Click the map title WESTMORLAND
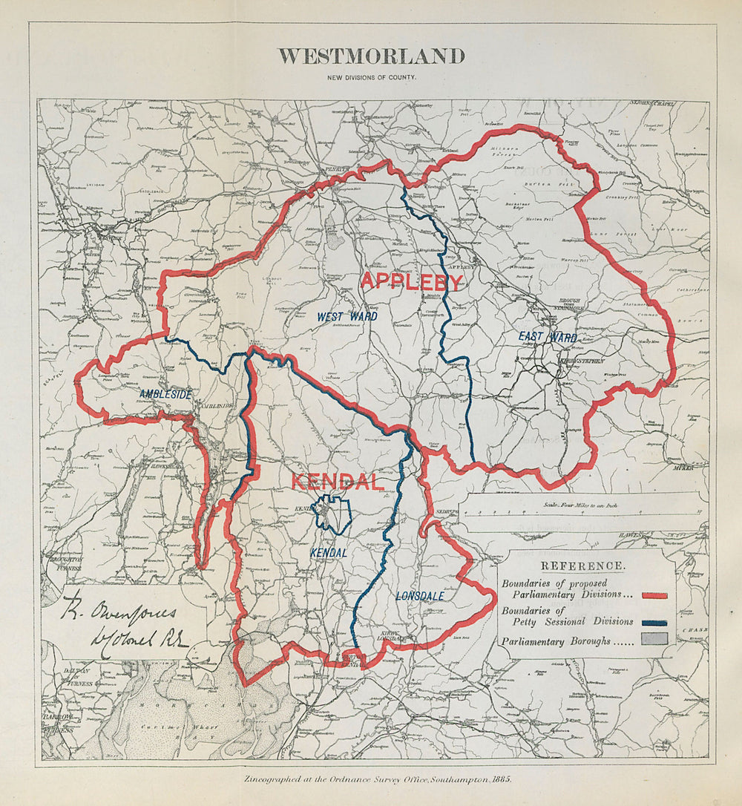pos(371,56)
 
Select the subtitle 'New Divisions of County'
pos(371,77)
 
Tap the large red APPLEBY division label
pos(411,281)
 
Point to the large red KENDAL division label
pos(337,482)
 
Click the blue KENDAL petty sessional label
pos(328,553)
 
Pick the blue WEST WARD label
pos(347,317)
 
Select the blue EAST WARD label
pos(548,338)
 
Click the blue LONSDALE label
pos(420,595)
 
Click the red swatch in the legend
pos(654,595)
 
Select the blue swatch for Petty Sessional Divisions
pos(654,623)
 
